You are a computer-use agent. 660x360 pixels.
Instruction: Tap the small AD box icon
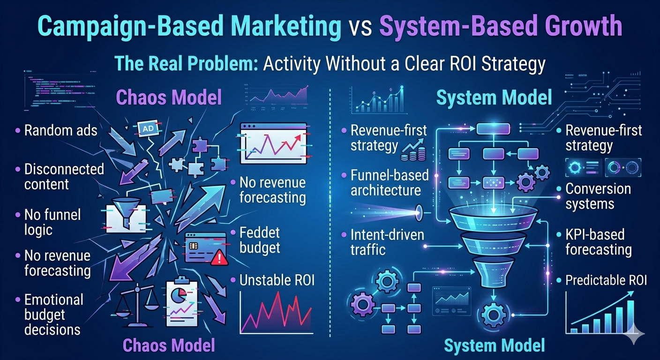145,127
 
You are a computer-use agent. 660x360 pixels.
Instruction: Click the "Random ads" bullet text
60,130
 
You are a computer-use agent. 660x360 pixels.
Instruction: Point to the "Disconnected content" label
64,176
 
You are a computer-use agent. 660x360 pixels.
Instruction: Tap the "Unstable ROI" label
277,280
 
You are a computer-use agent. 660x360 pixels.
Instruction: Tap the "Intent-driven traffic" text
380,241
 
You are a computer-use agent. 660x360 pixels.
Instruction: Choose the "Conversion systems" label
598,196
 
